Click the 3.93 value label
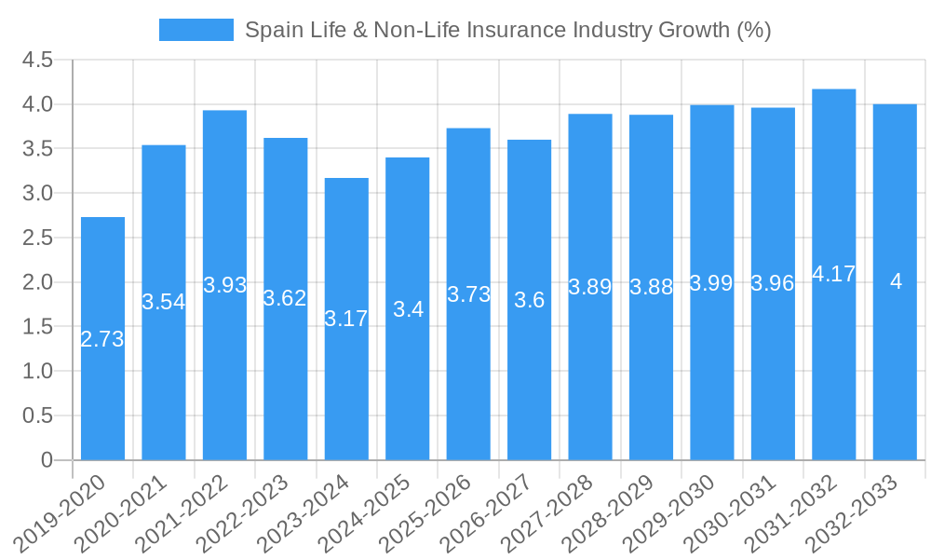(x=224, y=285)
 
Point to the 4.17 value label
(x=833, y=274)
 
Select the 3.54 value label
(x=164, y=302)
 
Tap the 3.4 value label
(x=408, y=309)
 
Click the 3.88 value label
(x=651, y=287)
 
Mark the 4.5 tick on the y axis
(x=37, y=61)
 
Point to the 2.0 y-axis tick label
(x=37, y=282)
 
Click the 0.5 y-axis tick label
(x=37, y=416)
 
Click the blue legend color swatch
(x=196, y=30)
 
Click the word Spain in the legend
(x=271, y=30)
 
